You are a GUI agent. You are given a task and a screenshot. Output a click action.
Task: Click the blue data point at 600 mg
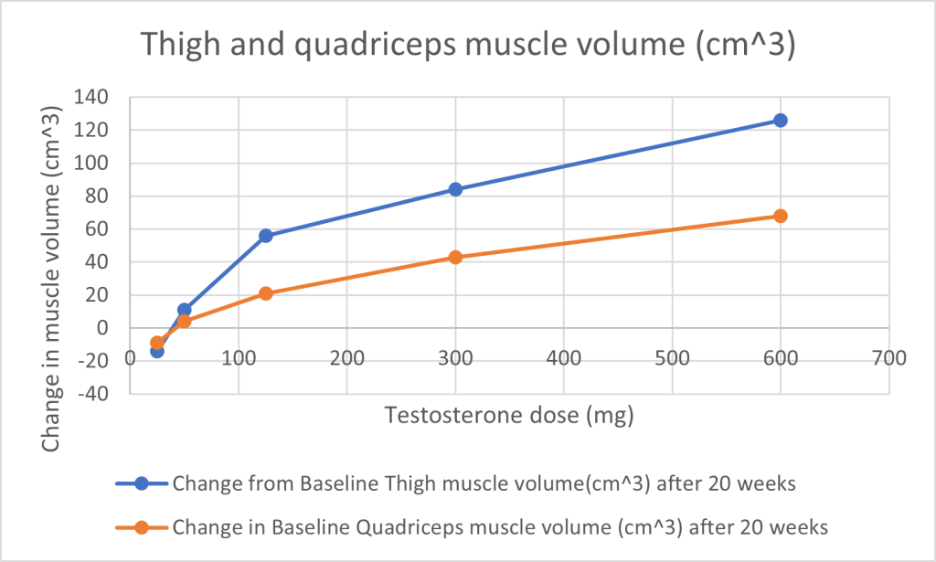click(x=780, y=121)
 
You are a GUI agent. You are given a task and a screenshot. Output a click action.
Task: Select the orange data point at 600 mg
click(x=780, y=216)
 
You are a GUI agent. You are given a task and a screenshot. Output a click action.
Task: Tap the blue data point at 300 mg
click(x=455, y=189)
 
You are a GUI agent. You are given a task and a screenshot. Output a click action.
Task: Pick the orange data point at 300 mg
click(x=455, y=258)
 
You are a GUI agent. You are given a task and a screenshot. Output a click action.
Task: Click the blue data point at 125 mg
click(x=266, y=236)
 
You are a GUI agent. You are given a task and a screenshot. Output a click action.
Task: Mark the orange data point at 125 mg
click(x=266, y=293)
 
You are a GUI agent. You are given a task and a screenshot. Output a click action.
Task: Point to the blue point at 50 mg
click(x=184, y=310)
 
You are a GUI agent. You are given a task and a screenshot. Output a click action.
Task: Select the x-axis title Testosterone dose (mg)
click(x=509, y=416)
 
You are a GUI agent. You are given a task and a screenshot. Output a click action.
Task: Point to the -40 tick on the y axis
click(x=101, y=394)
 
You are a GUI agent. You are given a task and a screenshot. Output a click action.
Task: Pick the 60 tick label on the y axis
click(x=107, y=229)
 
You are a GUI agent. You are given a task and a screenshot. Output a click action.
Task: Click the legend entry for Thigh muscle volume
click(x=484, y=483)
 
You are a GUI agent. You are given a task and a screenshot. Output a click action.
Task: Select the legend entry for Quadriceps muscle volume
click(x=499, y=526)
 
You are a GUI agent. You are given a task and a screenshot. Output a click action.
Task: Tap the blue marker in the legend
click(x=142, y=483)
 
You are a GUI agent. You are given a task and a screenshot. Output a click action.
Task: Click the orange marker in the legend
click(x=142, y=526)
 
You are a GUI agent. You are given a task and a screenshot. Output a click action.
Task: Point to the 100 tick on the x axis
click(x=239, y=358)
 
